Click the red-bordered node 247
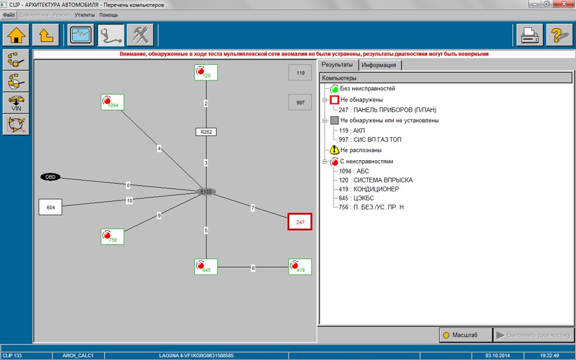[300, 222]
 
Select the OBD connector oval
[50, 177]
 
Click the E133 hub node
[206, 192]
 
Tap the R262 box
[206, 132]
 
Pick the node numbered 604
[50, 207]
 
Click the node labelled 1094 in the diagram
[112, 102]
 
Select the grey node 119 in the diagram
[301, 73]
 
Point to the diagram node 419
[300, 266]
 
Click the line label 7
[253, 208]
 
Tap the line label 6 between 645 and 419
[253, 268]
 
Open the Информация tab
[379, 65]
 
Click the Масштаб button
[466, 335]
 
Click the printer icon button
[530, 35]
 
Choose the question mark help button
[559, 35]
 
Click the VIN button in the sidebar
[16, 103]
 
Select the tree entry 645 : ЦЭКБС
[351, 198]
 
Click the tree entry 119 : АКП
[352, 130]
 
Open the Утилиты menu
[85, 15]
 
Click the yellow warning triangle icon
[334, 150]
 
